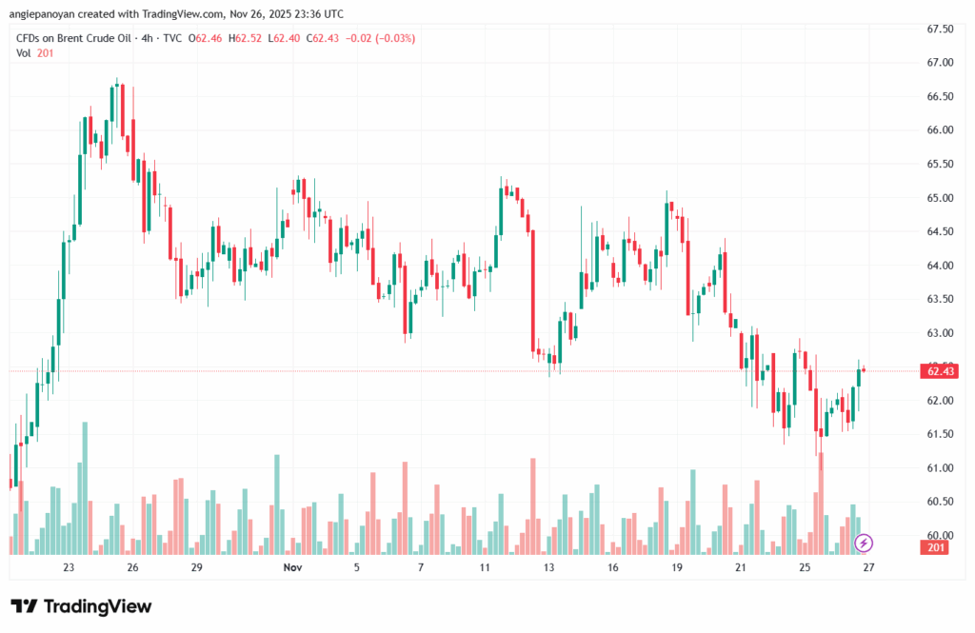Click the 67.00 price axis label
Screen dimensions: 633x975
939,63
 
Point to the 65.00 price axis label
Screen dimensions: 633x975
939,198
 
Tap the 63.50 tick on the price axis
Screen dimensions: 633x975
939,299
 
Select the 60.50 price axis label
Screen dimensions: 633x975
939,502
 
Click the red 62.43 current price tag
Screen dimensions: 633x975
941,371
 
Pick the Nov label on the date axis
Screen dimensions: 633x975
292,567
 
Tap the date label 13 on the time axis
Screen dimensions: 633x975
548,567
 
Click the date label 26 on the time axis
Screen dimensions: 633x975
132,567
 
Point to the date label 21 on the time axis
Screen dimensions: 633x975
741,567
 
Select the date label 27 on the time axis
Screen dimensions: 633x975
868,567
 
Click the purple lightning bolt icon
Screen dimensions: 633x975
864,543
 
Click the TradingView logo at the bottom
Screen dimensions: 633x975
81,606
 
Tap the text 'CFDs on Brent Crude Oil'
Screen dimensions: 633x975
76,38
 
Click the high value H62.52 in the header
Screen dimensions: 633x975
249,38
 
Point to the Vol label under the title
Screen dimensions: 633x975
24,53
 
